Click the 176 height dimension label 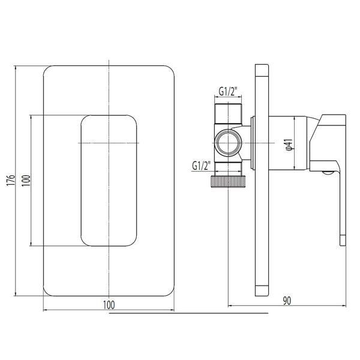(x=11, y=180)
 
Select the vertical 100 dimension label (x=26, y=181)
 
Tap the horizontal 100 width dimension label (x=109, y=305)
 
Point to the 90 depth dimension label (x=287, y=301)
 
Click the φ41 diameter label (x=289, y=145)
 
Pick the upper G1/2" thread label (x=228, y=91)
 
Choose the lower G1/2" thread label (x=202, y=166)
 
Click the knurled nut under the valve (x=228, y=182)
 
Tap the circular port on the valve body (x=228, y=143)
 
